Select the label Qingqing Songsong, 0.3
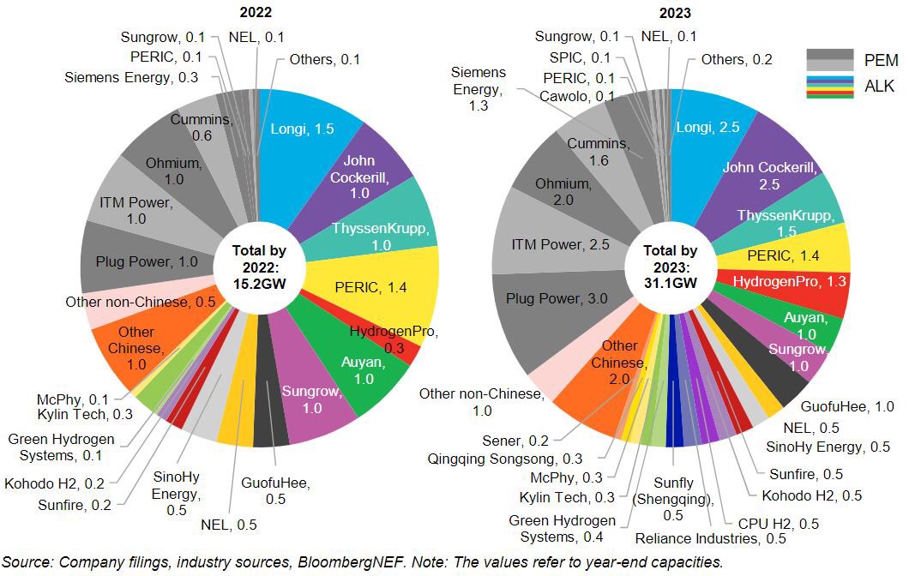point(504,459)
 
